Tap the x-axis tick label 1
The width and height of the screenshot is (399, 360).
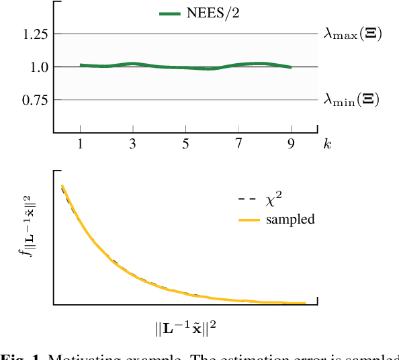point(80,144)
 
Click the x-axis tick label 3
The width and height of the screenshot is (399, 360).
point(133,144)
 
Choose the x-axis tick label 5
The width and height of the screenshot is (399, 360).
point(185,144)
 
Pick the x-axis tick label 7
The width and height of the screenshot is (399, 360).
point(238,144)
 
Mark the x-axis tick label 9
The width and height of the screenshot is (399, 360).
point(291,144)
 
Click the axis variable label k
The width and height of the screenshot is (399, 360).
point(327,144)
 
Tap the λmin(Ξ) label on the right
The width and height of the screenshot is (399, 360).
point(351,99)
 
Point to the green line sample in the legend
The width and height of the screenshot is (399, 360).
point(169,13)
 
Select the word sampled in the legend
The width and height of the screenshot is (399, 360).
point(290,219)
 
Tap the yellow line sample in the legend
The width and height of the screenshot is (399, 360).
point(249,220)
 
